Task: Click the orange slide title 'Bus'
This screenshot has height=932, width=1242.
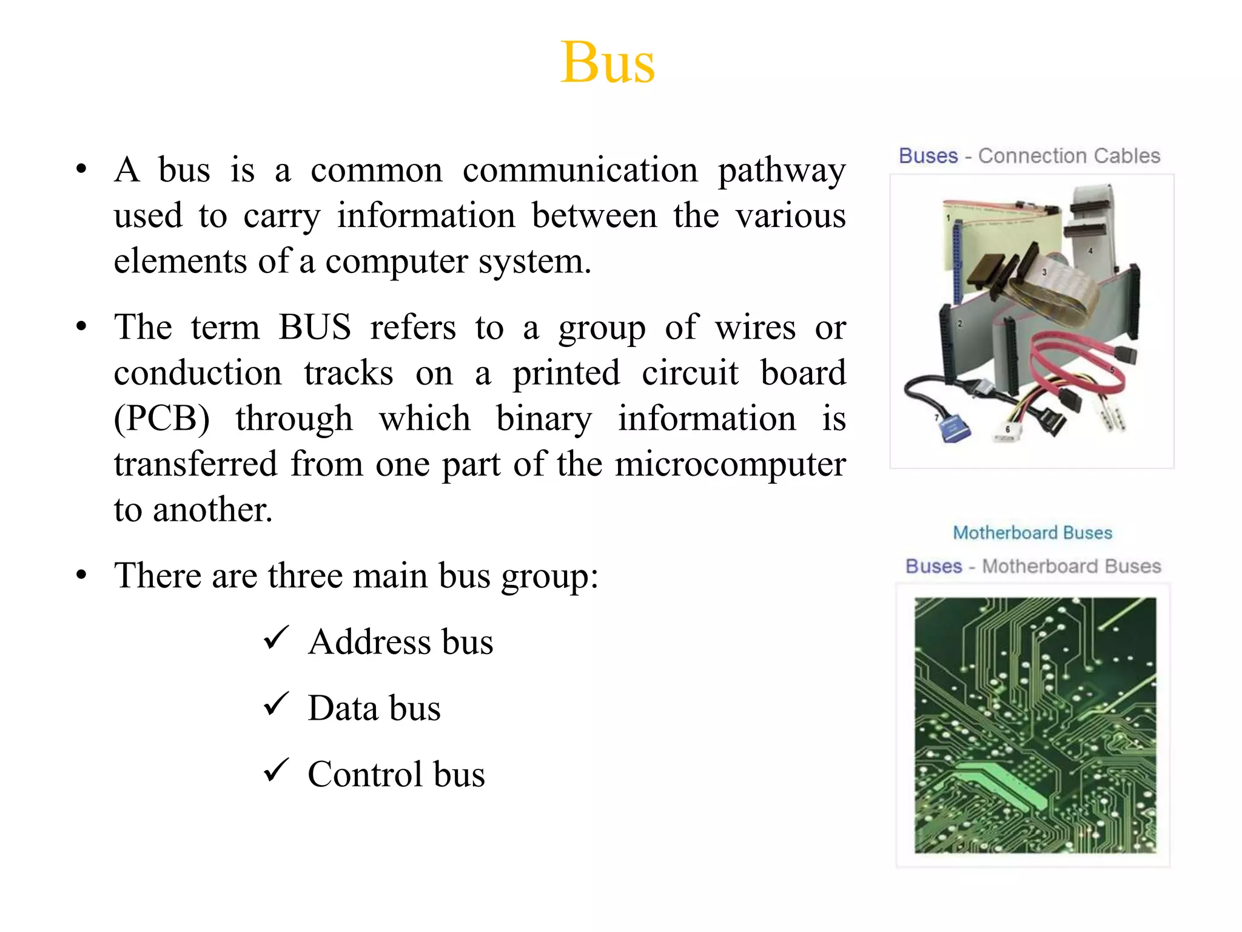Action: (x=608, y=62)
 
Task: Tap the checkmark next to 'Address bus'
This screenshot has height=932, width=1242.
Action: (x=277, y=638)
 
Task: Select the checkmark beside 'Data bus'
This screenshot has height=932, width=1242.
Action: (x=277, y=704)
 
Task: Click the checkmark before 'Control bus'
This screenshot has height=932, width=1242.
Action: (x=277, y=771)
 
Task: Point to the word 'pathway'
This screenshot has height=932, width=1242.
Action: (x=782, y=171)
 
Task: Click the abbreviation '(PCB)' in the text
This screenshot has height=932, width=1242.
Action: (x=162, y=419)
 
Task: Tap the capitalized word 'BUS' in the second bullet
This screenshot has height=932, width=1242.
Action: (x=315, y=327)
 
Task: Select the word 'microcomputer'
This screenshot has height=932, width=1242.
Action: (x=730, y=464)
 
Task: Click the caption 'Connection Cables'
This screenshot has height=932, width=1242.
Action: (x=1069, y=156)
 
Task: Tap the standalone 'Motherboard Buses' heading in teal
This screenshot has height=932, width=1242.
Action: (x=1032, y=533)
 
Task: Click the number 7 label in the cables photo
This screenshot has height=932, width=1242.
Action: (x=937, y=417)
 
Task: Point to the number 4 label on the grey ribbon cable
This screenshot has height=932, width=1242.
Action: (x=1090, y=250)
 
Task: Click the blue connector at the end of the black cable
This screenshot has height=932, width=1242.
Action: (x=953, y=430)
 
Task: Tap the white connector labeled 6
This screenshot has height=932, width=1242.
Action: (x=1007, y=434)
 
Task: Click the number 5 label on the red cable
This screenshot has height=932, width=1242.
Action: (x=1112, y=370)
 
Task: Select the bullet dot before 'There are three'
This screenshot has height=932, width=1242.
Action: (x=81, y=575)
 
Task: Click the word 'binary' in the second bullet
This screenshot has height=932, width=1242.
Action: (x=544, y=419)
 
